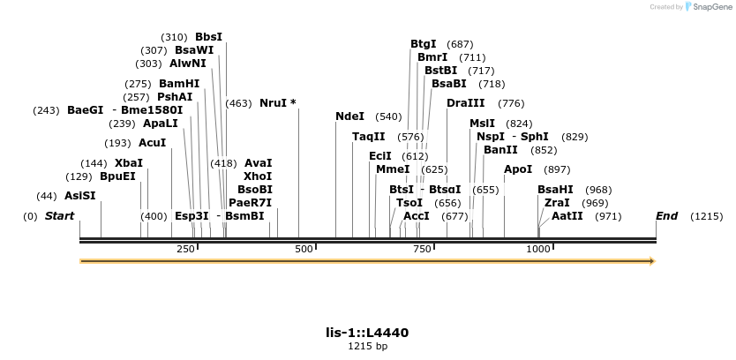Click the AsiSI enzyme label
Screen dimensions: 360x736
coord(79,196)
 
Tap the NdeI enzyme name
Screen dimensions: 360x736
coord(349,116)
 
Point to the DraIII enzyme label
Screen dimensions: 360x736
coord(465,103)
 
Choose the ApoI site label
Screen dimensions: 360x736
coord(518,169)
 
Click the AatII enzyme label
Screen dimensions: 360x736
coord(567,216)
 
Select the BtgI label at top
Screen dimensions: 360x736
coord(424,44)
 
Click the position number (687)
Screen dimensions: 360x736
coord(460,44)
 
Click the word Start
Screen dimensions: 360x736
coord(59,216)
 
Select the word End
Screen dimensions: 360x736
coord(666,216)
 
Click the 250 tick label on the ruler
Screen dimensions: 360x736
coord(185,250)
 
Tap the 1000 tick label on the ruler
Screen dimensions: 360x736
coord(538,250)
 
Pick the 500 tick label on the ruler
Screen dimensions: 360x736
coord(304,250)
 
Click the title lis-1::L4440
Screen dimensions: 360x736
coord(367,333)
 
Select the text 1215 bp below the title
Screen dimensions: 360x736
coord(367,347)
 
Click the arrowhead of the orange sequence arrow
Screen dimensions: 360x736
coord(652,261)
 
